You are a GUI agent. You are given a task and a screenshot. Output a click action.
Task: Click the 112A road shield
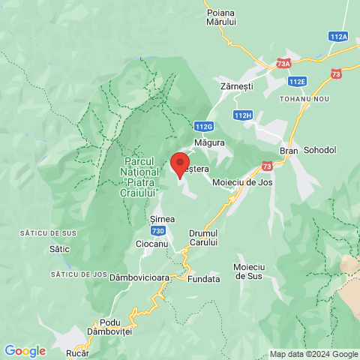click(338, 36)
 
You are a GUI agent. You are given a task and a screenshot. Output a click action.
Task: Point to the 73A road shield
click(283, 64)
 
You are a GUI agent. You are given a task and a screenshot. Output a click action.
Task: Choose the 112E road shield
click(298, 81)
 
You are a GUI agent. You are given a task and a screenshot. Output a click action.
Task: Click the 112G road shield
click(203, 127)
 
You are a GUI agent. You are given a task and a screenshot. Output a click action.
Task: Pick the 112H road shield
click(243, 115)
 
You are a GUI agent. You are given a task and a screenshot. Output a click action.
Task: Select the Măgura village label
click(210, 142)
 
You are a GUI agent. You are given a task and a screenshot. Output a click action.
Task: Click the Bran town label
click(289, 150)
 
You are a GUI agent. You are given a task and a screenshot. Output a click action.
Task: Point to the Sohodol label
click(321, 150)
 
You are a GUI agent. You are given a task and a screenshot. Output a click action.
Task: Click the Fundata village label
click(204, 279)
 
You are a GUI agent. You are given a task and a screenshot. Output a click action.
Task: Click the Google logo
click(25, 350)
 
